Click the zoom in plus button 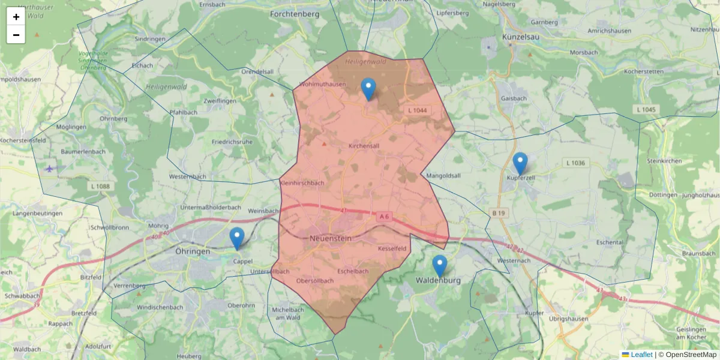(x=16, y=17)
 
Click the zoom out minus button (x=16, y=35)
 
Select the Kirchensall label (x=364, y=146)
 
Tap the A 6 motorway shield (x=385, y=215)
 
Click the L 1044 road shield (x=417, y=110)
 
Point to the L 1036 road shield (x=575, y=163)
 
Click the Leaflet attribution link (x=641, y=355)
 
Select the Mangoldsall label (x=443, y=176)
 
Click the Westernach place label (x=514, y=261)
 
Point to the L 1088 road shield (x=100, y=187)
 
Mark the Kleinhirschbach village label (x=302, y=183)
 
